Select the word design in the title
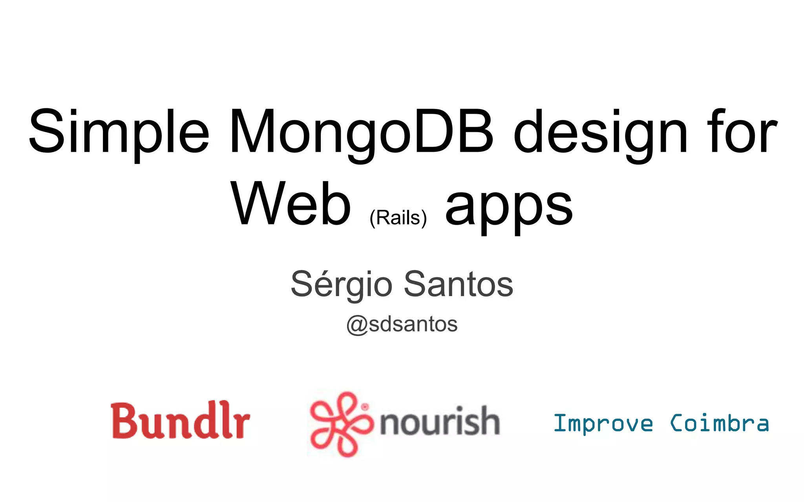tap(601, 133)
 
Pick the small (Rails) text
tap(398, 218)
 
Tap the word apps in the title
tap(509, 208)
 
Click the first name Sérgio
tap(341, 284)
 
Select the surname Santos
tap(458, 284)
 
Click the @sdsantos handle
tap(402, 324)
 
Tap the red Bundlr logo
tap(180, 420)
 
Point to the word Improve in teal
tap(603, 424)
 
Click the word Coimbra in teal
tap(719, 424)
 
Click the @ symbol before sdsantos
tap(357, 325)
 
